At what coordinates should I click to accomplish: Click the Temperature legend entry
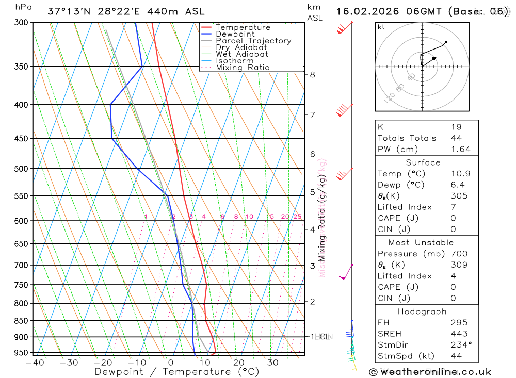click(243, 27)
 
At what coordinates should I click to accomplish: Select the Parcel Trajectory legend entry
click(253, 41)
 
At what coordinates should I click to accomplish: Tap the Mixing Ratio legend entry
click(243, 68)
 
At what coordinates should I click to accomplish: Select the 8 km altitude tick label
click(312, 74)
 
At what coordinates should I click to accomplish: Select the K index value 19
click(456, 127)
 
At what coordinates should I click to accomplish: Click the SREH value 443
click(458, 334)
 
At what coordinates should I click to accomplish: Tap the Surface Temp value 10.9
click(460, 174)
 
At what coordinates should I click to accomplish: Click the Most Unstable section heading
click(421, 242)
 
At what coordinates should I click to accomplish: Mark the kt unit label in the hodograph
click(381, 27)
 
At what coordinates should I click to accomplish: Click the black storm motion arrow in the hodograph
click(430, 61)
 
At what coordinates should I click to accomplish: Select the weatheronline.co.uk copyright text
click(430, 372)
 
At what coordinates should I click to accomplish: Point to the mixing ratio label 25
click(297, 217)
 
